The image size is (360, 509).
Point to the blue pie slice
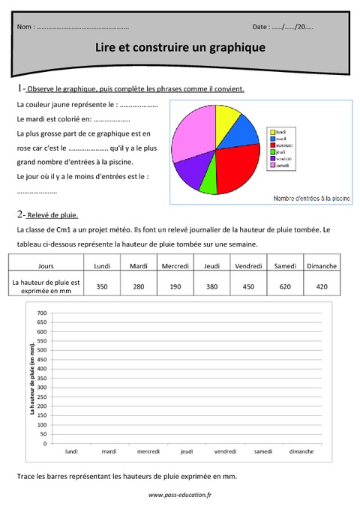click(x=244, y=133)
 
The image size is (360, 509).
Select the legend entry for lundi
click(x=281, y=132)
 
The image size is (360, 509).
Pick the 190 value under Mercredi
click(x=175, y=286)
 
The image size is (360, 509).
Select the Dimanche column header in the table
click(x=322, y=265)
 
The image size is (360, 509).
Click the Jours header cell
click(x=45, y=265)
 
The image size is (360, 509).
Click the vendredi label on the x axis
click(x=225, y=451)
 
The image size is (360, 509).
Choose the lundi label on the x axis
click(x=71, y=451)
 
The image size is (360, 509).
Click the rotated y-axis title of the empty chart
click(x=31, y=379)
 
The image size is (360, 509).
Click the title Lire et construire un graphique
click(x=180, y=47)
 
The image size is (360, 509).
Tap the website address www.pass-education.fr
click(x=180, y=495)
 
